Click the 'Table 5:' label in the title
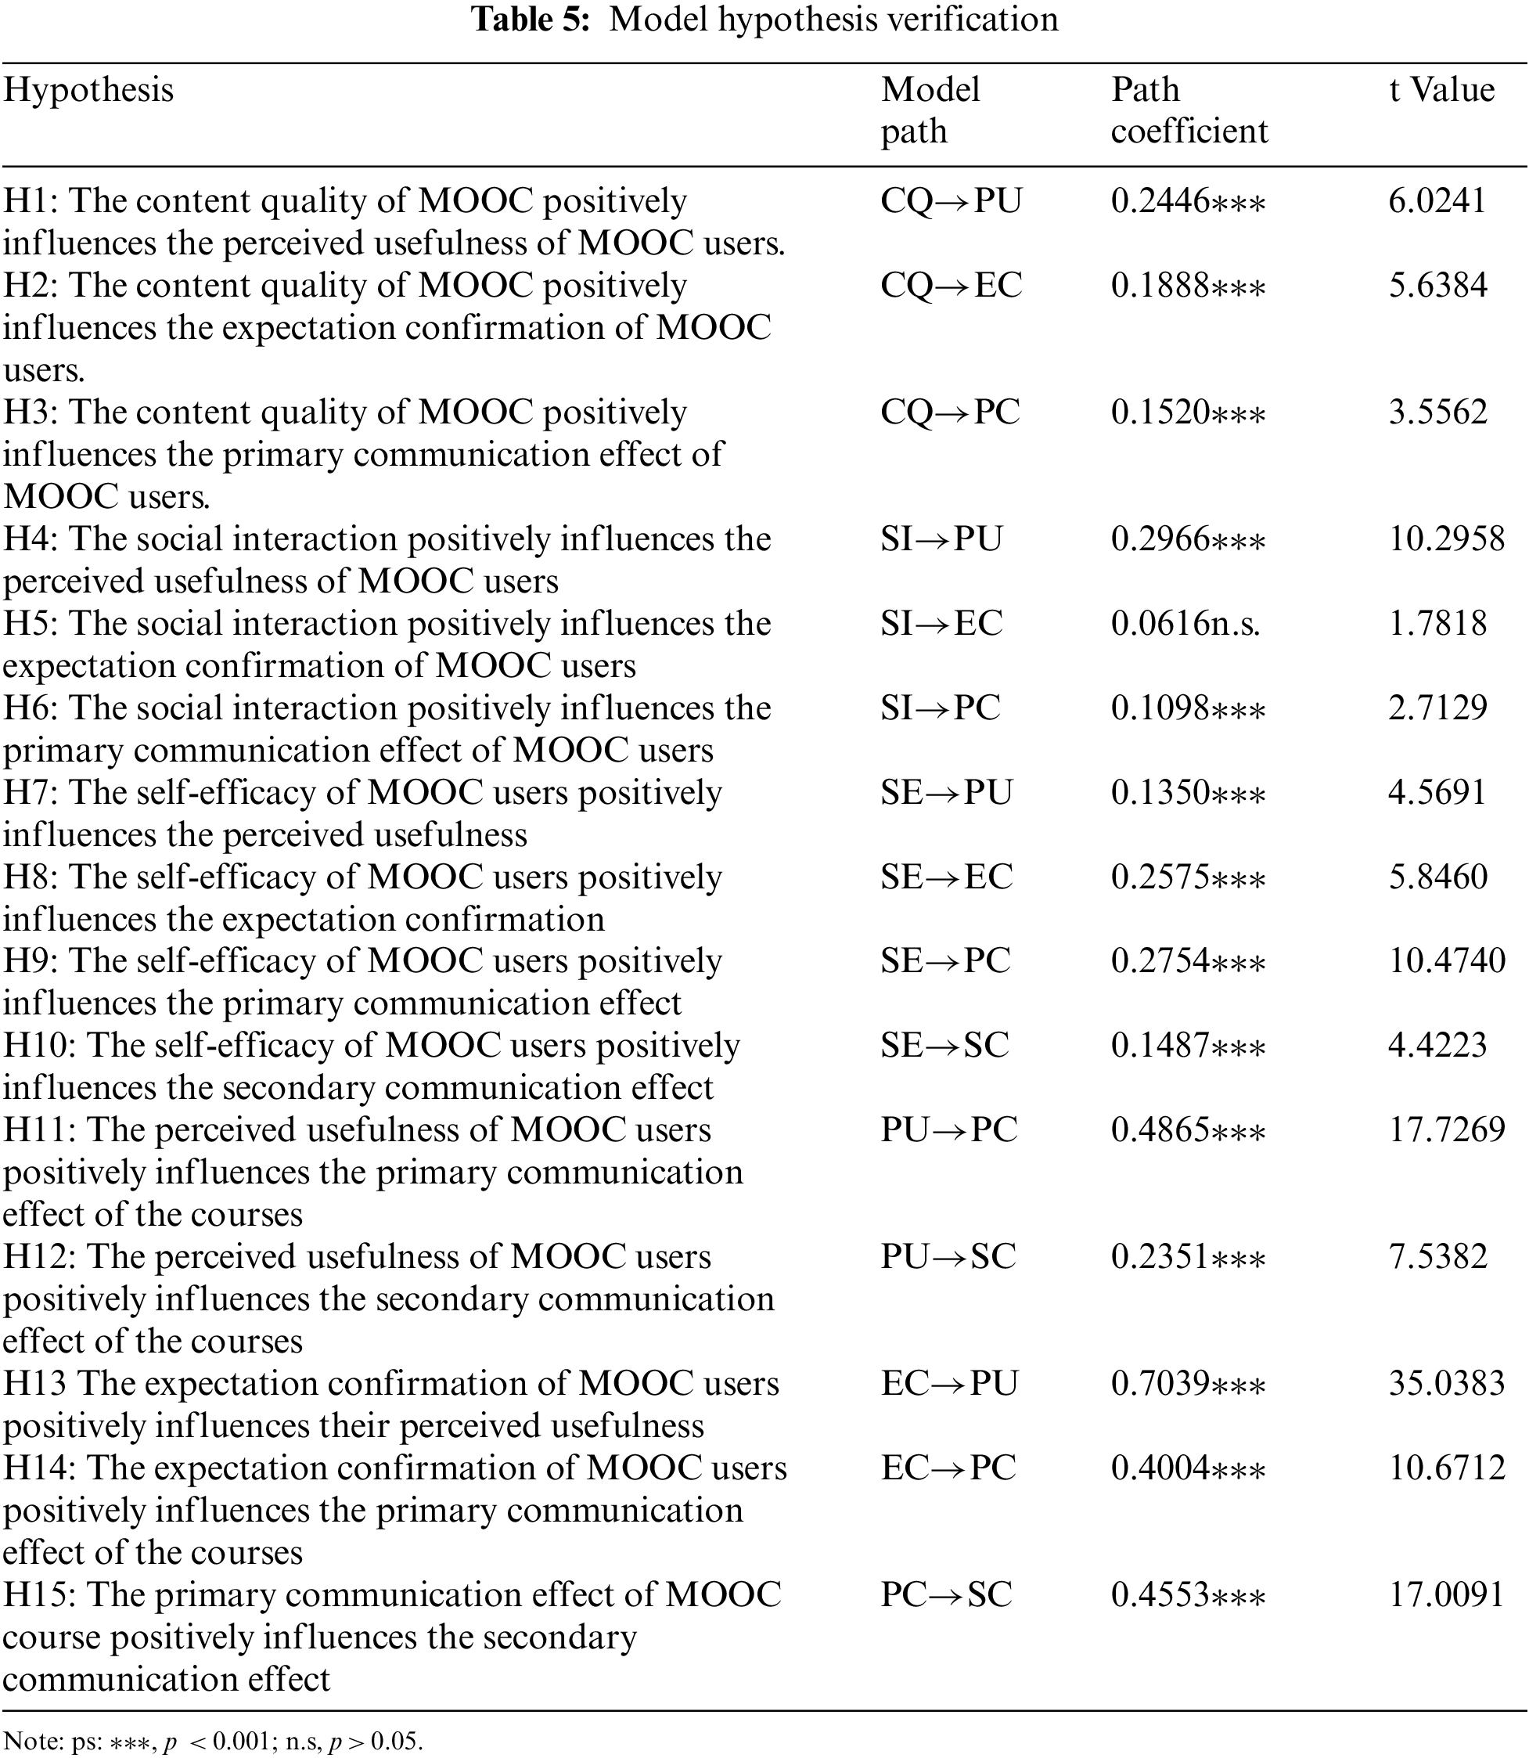(x=530, y=20)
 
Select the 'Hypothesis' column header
(x=88, y=89)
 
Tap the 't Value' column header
(x=1441, y=89)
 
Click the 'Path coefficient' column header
(x=1189, y=110)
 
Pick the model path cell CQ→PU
(x=951, y=200)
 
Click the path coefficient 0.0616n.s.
(x=1185, y=624)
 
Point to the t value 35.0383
(x=1446, y=1383)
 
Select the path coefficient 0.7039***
(x=1188, y=1383)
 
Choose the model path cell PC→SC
(x=946, y=1594)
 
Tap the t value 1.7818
(x=1437, y=624)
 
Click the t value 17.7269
(x=1446, y=1130)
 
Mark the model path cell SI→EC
(x=941, y=624)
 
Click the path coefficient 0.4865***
(x=1188, y=1130)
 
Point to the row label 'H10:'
(x=39, y=1046)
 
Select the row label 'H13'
(x=34, y=1383)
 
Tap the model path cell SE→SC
(x=944, y=1046)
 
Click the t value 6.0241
(x=1437, y=200)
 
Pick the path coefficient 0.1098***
(x=1188, y=708)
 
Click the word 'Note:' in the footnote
(x=25, y=1740)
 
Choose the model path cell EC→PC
(x=948, y=1468)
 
